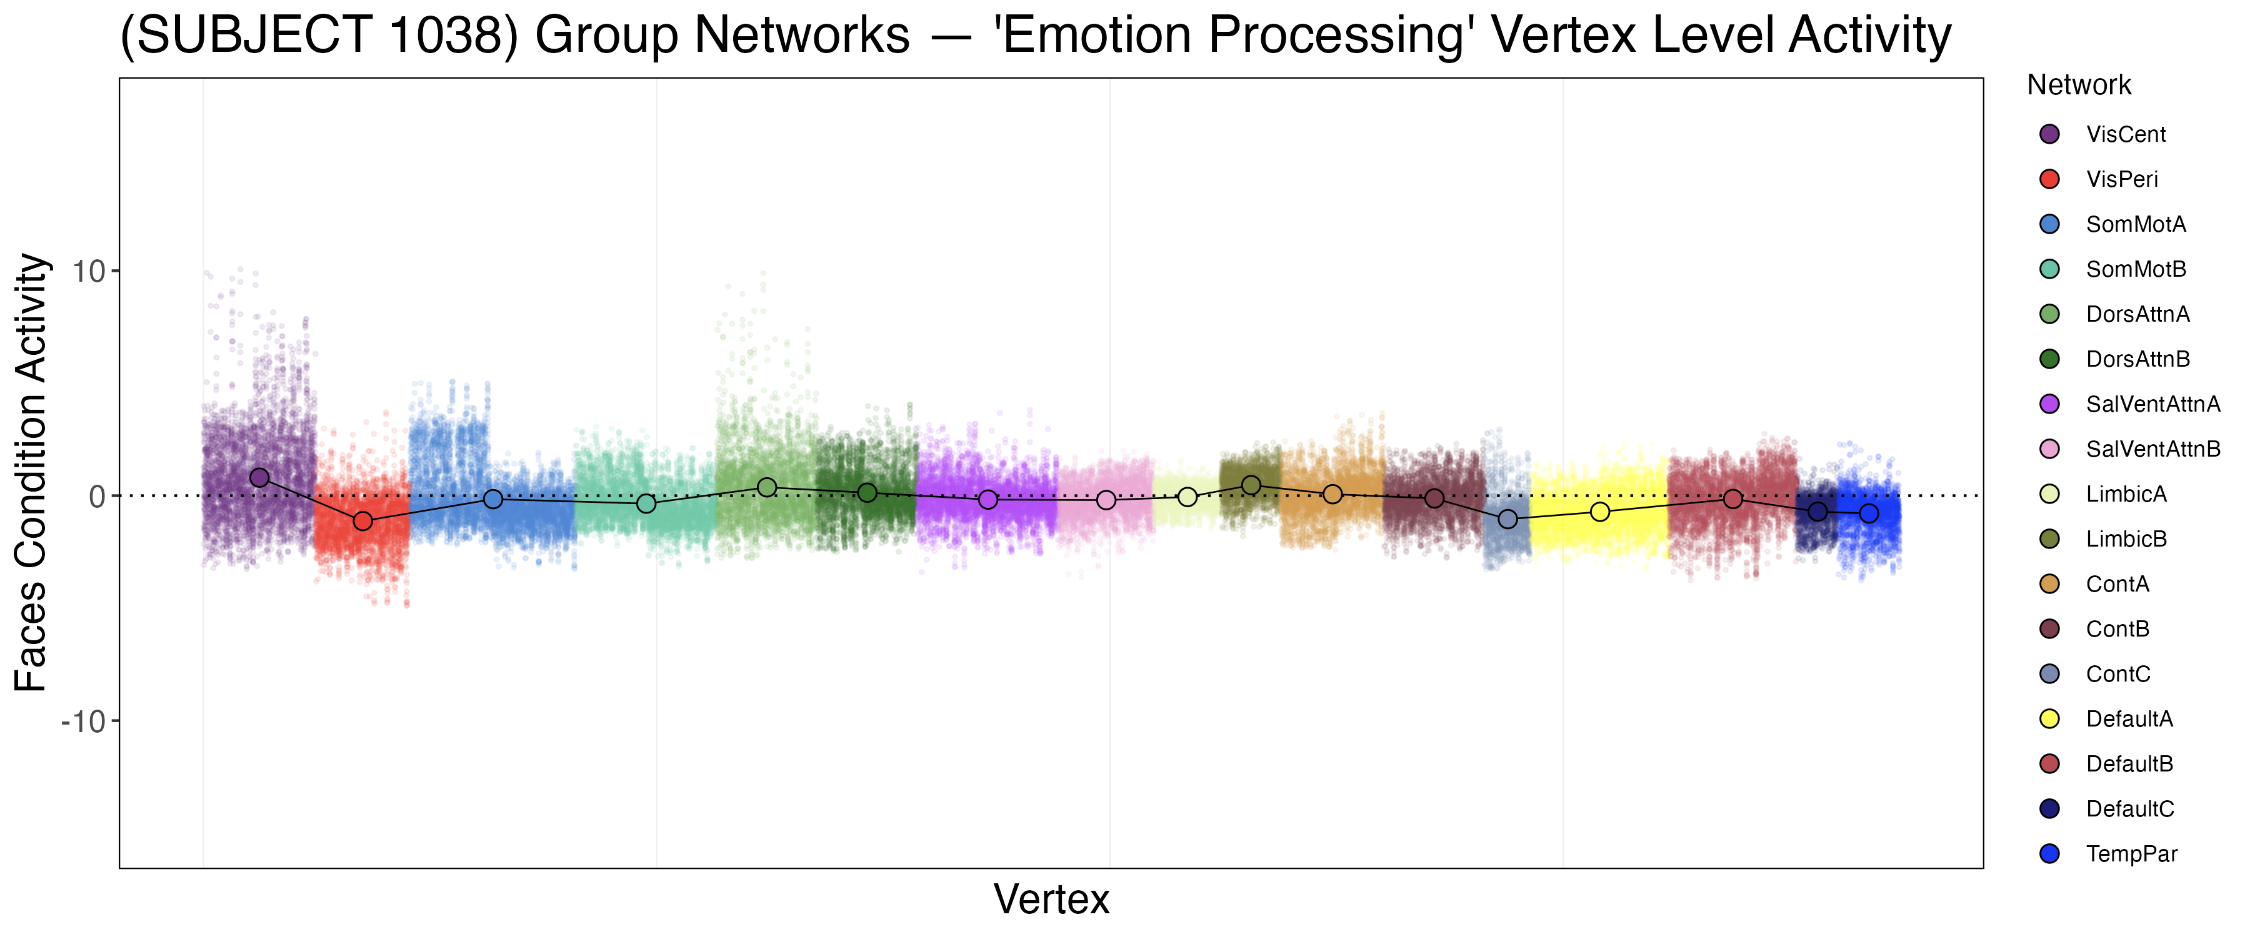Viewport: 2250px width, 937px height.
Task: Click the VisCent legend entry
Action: pos(2125,134)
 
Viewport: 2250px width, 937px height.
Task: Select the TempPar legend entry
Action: pos(2131,854)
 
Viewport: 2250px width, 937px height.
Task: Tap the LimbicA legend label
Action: pos(2126,494)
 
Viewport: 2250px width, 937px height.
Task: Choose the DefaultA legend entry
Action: pos(2129,719)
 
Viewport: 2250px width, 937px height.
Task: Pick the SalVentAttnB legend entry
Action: pos(2152,450)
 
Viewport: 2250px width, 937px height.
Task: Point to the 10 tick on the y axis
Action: pos(89,272)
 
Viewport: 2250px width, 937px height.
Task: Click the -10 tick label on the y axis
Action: pos(83,722)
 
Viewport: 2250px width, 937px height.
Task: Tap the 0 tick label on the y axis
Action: pos(97,497)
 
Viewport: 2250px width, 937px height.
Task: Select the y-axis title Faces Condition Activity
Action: pos(31,472)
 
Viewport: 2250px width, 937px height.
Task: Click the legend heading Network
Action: pos(2078,85)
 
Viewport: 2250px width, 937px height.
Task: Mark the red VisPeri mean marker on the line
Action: pos(362,522)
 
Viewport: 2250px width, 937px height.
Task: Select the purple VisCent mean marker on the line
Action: pos(259,478)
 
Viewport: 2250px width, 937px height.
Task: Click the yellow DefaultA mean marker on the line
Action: pos(1599,512)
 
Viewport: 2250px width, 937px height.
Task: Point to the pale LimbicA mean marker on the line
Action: pos(1187,497)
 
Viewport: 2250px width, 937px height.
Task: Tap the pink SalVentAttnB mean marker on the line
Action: pos(1106,500)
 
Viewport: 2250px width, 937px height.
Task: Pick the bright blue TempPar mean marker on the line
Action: pos(1868,513)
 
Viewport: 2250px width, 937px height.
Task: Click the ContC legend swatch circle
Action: pos(2049,674)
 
